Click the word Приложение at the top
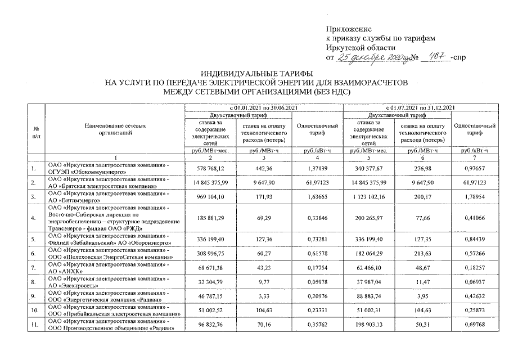349,28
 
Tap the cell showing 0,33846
317,218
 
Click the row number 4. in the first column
35,218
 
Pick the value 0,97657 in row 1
475,168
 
